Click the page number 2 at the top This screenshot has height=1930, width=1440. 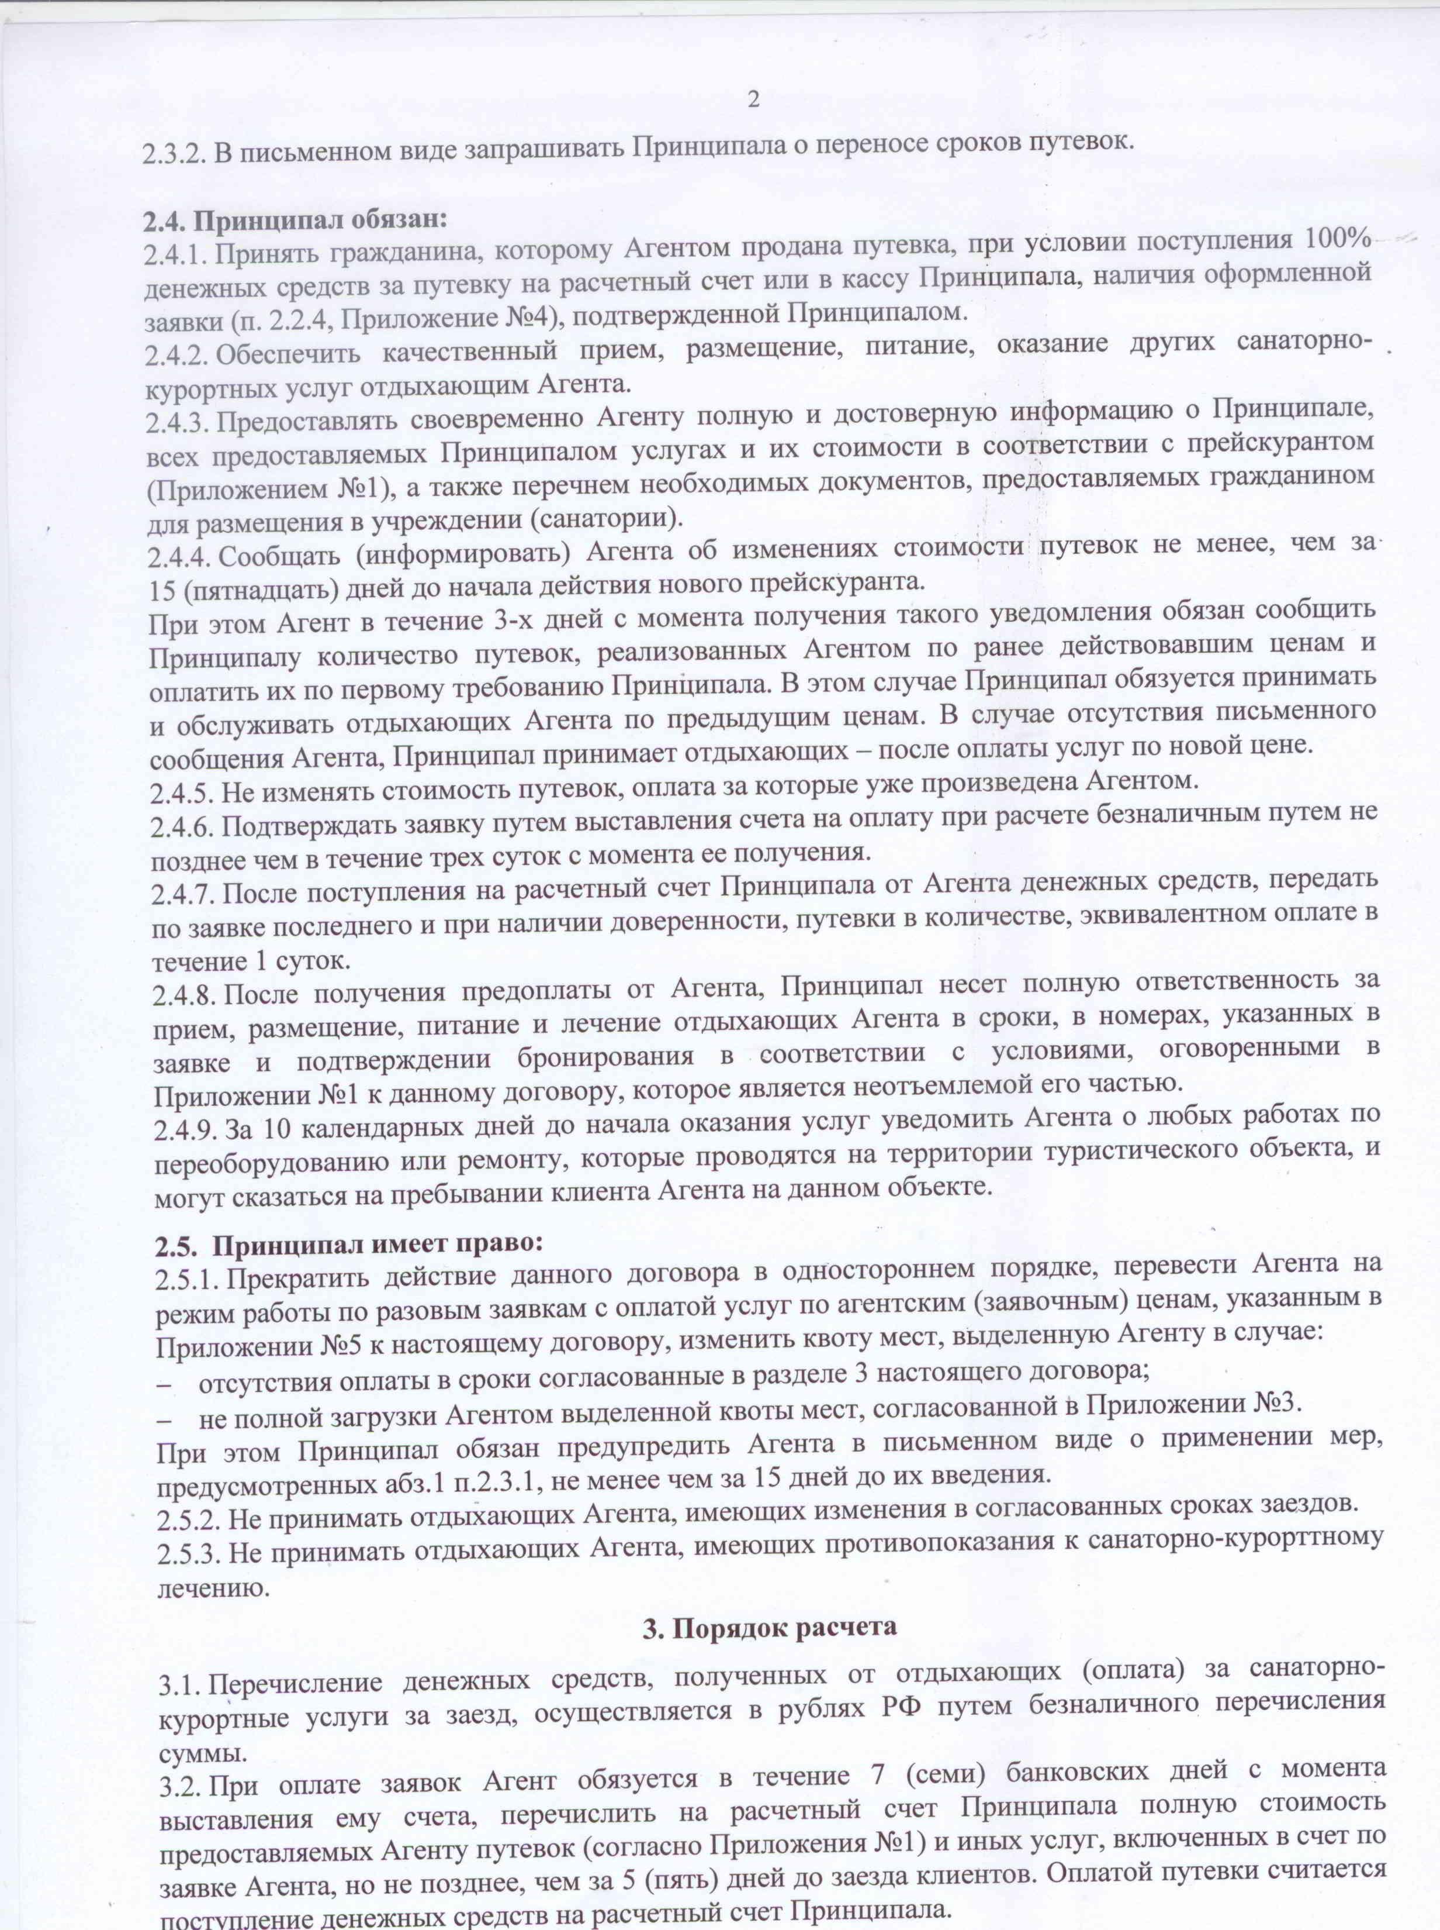pos(753,99)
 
